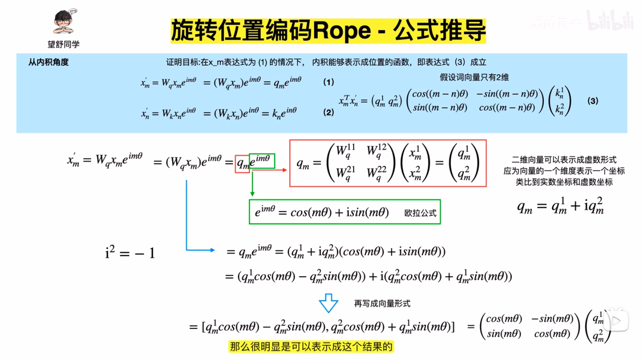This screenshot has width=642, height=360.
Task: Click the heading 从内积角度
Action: click(48, 62)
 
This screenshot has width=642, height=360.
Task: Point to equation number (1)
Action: click(329, 82)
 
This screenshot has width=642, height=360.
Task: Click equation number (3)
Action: click(593, 101)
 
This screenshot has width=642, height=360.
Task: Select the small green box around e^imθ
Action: click(261, 160)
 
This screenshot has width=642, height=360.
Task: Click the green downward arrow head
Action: click(253, 193)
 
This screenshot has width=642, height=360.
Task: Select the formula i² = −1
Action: click(130, 253)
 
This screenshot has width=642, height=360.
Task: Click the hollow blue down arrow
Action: click(328, 303)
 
